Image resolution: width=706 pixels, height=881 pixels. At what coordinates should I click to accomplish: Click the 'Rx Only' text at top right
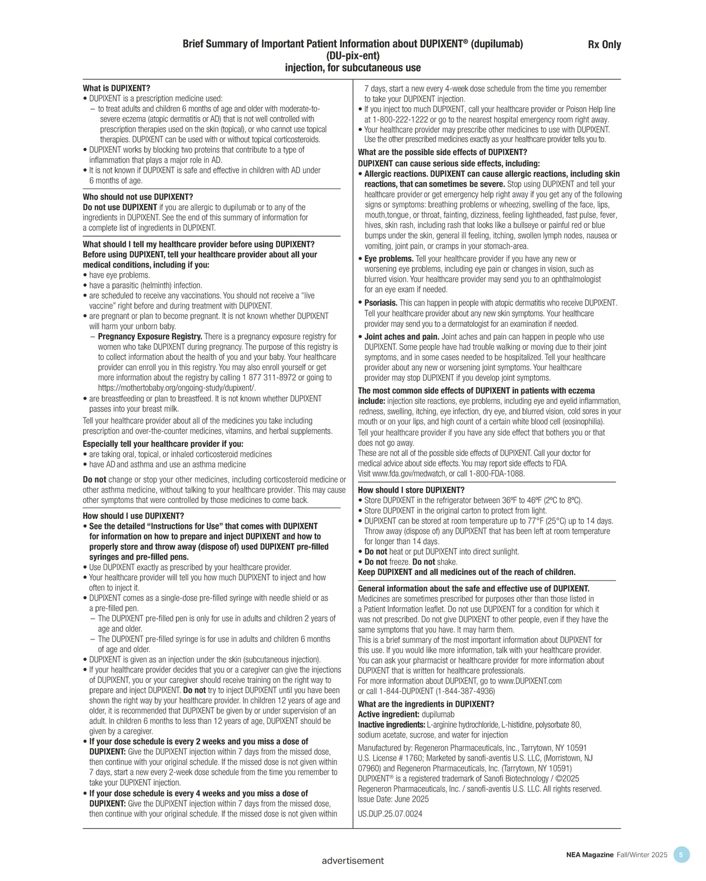pyautogui.click(x=604, y=45)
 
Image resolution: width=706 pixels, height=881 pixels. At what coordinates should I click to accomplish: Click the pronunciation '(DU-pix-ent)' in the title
pyautogui.click(x=352, y=56)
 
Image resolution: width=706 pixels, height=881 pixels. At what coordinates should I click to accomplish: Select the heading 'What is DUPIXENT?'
pyautogui.click(x=116, y=88)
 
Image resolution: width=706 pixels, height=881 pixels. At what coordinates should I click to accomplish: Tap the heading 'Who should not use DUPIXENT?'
pyautogui.click(x=138, y=197)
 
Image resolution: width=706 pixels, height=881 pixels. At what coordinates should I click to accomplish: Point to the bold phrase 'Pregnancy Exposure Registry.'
pyautogui.click(x=150, y=337)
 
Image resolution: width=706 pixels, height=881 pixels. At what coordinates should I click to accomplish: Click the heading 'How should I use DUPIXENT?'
pyautogui.click(x=134, y=516)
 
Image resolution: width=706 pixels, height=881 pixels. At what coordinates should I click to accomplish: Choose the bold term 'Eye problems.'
pyautogui.click(x=389, y=259)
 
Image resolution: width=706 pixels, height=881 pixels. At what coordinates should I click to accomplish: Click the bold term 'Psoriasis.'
pyautogui.click(x=381, y=303)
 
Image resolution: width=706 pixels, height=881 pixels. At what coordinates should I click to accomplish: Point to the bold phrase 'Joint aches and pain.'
pyautogui.click(x=402, y=337)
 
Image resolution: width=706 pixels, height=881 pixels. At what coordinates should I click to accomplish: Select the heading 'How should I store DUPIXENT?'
pyautogui.click(x=411, y=490)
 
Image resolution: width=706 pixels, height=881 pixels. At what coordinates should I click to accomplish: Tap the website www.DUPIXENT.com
pyautogui.click(x=529, y=681)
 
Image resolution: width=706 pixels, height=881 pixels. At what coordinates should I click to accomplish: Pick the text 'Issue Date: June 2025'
pyautogui.click(x=393, y=799)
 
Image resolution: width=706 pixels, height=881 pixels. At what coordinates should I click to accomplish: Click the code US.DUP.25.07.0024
pyautogui.click(x=390, y=814)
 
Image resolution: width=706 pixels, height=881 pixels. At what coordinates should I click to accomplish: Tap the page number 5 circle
pyautogui.click(x=681, y=855)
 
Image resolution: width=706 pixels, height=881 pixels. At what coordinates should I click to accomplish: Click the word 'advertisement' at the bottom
pyautogui.click(x=352, y=861)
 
